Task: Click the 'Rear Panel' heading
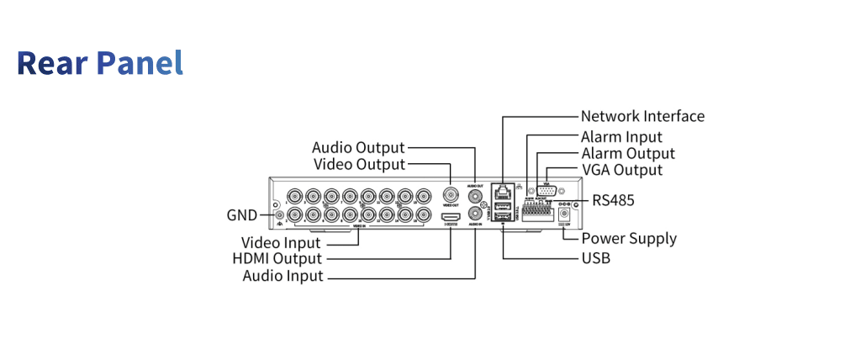coord(100,64)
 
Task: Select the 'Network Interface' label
coord(642,116)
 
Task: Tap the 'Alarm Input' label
coord(621,136)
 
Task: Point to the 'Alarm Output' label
coord(628,153)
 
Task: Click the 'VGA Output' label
coord(622,170)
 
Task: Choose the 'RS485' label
coord(613,200)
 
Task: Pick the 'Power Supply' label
coord(629,238)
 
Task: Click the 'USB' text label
coord(596,257)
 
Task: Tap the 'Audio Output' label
coord(358,148)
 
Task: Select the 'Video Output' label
coord(359,164)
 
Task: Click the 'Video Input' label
coord(281,243)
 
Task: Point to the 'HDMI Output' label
coord(277,258)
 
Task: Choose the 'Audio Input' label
coord(283,275)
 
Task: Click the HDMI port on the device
coord(450,217)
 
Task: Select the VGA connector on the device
coord(547,192)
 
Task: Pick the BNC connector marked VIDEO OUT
coord(451,195)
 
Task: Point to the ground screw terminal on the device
coord(279,215)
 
